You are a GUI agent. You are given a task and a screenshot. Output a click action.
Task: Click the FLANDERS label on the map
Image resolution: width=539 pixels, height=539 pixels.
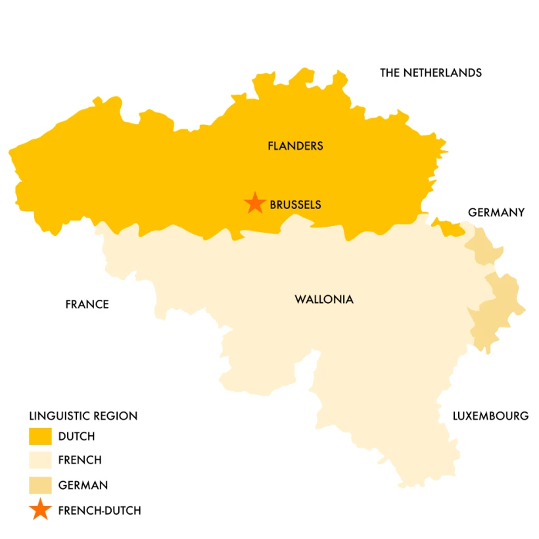coord(295,146)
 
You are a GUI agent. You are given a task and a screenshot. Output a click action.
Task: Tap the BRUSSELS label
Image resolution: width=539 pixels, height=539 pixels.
coord(295,204)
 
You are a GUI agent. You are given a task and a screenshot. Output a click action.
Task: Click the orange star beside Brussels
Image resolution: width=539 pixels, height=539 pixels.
coord(254,204)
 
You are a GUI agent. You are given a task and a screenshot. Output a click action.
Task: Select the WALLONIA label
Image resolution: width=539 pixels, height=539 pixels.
coord(324,300)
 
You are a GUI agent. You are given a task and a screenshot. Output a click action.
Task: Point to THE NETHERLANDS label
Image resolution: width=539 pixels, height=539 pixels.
coord(431,73)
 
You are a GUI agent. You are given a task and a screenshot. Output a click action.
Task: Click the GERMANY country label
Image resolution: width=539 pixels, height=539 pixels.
coord(496,212)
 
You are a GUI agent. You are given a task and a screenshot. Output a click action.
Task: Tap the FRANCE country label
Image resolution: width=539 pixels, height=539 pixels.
coord(87,304)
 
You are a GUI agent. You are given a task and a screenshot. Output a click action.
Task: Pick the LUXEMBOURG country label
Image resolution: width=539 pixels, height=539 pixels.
coord(490,416)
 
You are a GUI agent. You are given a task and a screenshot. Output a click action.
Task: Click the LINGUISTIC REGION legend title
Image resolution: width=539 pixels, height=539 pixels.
coord(83,416)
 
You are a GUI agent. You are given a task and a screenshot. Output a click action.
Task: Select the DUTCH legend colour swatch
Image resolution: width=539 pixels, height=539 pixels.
coord(40,436)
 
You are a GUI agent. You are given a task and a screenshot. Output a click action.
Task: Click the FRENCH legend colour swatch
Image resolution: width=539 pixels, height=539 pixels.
coord(40,460)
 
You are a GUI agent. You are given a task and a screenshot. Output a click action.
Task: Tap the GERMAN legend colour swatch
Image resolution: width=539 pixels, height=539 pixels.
coord(40,485)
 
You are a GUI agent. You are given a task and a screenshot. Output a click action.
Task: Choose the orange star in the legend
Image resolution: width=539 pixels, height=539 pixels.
coord(40,509)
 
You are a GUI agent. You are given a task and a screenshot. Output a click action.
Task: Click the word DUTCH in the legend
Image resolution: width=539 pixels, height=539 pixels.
coord(76,436)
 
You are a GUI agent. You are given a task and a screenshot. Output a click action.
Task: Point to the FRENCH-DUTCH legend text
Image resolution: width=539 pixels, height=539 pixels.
coord(99,510)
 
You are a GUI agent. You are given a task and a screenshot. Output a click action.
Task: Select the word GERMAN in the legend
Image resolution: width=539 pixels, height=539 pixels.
coord(83,486)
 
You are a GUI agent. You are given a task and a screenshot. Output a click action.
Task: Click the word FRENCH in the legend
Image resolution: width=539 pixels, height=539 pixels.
coord(80,461)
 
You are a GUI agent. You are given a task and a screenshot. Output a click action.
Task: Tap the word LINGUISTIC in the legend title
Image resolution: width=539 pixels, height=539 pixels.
coord(58,416)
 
